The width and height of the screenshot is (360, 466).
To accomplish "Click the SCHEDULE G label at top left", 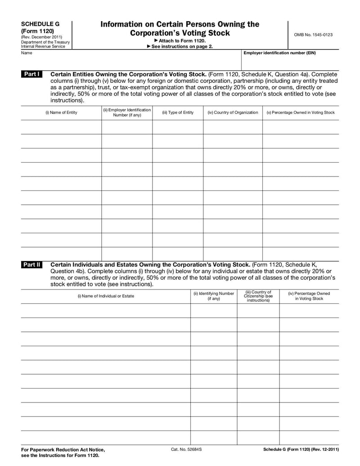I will pyautogui.click(x=40, y=23).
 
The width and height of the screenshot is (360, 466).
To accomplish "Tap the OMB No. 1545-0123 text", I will pyautogui.click(x=313, y=34).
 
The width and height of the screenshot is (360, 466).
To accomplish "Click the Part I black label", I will pyautogui.click(x=32, y=74).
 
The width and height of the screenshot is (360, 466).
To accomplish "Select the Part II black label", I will pyautogui.click(x=32, y=265).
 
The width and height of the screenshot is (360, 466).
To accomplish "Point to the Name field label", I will pyautogui.click(x=26, y=53).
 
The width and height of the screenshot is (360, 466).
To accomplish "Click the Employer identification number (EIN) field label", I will pyautogui.click(x=279, y=53).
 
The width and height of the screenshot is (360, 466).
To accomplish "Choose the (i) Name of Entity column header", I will pyautogui.click(x=61, y=113).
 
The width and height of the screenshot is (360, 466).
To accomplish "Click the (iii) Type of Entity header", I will pyautogui.click(x=178, y=113).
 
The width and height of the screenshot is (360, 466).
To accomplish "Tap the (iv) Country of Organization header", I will pyautogui.click(x=233, y=113).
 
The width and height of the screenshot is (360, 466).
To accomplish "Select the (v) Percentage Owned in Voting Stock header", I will pyautogui.click(x=301, y=113).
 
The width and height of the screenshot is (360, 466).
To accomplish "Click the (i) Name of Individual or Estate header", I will pyautogui.click(x=106, y=296).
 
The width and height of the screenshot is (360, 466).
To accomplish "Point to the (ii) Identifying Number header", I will pyautogui.click(x=214, y=296).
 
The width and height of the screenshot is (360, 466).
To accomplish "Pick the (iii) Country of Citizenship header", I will pyautogui.click(x=258, y=296).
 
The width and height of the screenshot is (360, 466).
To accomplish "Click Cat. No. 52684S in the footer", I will pyautogui.click(x=186, y=449).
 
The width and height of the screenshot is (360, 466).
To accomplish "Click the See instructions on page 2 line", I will pyautogui.click(x=180, y=46).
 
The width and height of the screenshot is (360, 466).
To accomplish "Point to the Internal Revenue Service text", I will pyautogui.click(x=43, y=46).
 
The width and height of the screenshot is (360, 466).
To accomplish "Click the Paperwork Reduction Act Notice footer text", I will pyautogui.click(x=63, y=450).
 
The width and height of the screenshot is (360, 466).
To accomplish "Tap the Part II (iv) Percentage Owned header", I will pyautogui.click(x=309, y=296).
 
